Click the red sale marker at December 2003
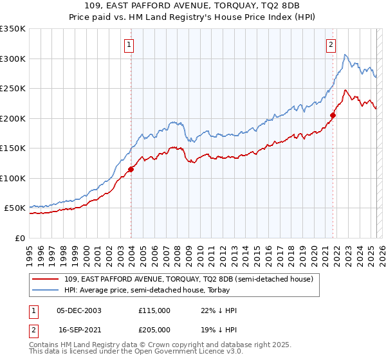coord(131,169)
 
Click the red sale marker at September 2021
coord(333,116)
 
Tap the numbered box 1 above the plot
coord(130,44)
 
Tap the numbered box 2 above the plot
coord(331,44)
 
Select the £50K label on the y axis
coord(15,208)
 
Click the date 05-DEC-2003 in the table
coord(79,310)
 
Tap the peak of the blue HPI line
coord(345,55)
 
